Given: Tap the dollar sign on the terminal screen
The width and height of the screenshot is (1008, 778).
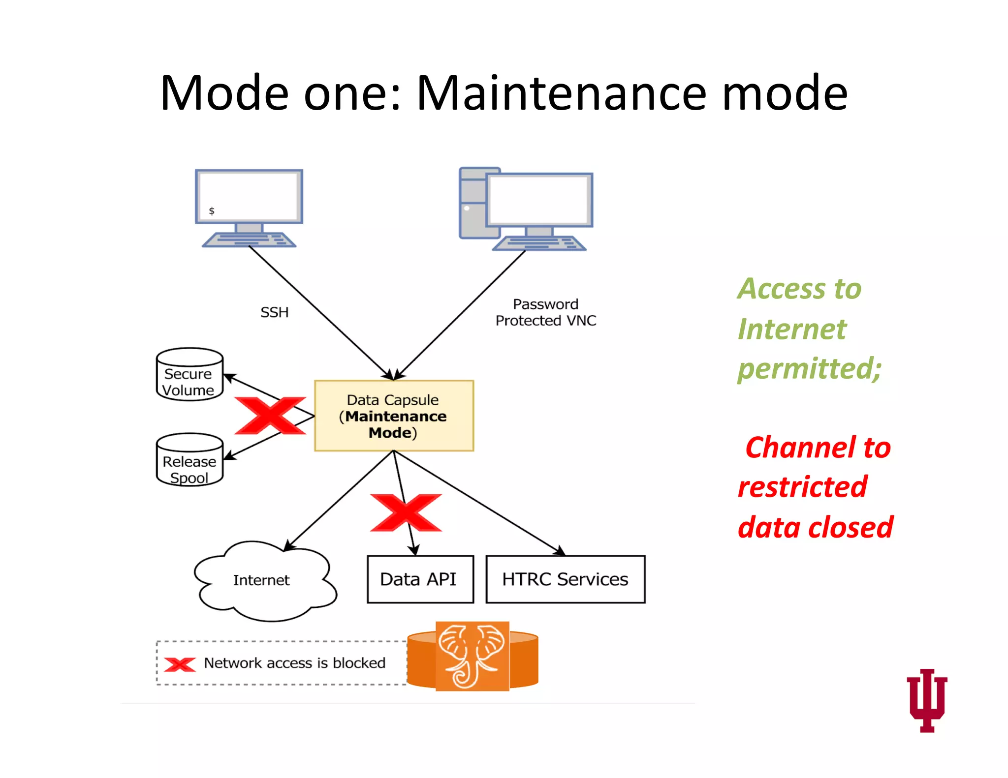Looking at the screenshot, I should [212, 211].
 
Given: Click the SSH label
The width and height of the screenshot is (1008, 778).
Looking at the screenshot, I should [274, 312].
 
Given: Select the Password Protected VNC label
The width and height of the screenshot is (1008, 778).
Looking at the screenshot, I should [545, 312].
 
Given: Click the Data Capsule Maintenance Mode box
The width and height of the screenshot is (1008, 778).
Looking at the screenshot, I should [394, 416].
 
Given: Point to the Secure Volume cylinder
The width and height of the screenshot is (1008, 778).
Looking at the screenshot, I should [189, 375].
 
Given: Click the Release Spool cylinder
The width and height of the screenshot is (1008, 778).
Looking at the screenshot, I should [189, 460].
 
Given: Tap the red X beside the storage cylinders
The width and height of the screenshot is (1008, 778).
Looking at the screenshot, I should [270, 416].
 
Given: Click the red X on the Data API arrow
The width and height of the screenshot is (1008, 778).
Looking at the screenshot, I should [406, 513].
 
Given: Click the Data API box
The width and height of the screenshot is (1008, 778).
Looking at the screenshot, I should [420, 579].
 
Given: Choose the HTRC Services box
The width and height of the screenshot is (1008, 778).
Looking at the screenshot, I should [565, 579].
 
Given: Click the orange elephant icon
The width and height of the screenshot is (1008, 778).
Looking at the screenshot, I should [472, 656].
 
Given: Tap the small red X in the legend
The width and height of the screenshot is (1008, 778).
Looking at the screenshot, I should [180, 664].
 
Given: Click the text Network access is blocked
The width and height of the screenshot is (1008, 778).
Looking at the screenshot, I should [294, 663].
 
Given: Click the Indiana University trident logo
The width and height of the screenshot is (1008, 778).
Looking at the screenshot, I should [927, 699].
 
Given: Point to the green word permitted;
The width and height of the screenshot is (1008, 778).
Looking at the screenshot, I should [809, 368].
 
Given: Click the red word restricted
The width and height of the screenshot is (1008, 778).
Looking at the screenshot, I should [802, 487].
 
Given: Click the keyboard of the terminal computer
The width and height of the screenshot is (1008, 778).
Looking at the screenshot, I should [249, 240].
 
